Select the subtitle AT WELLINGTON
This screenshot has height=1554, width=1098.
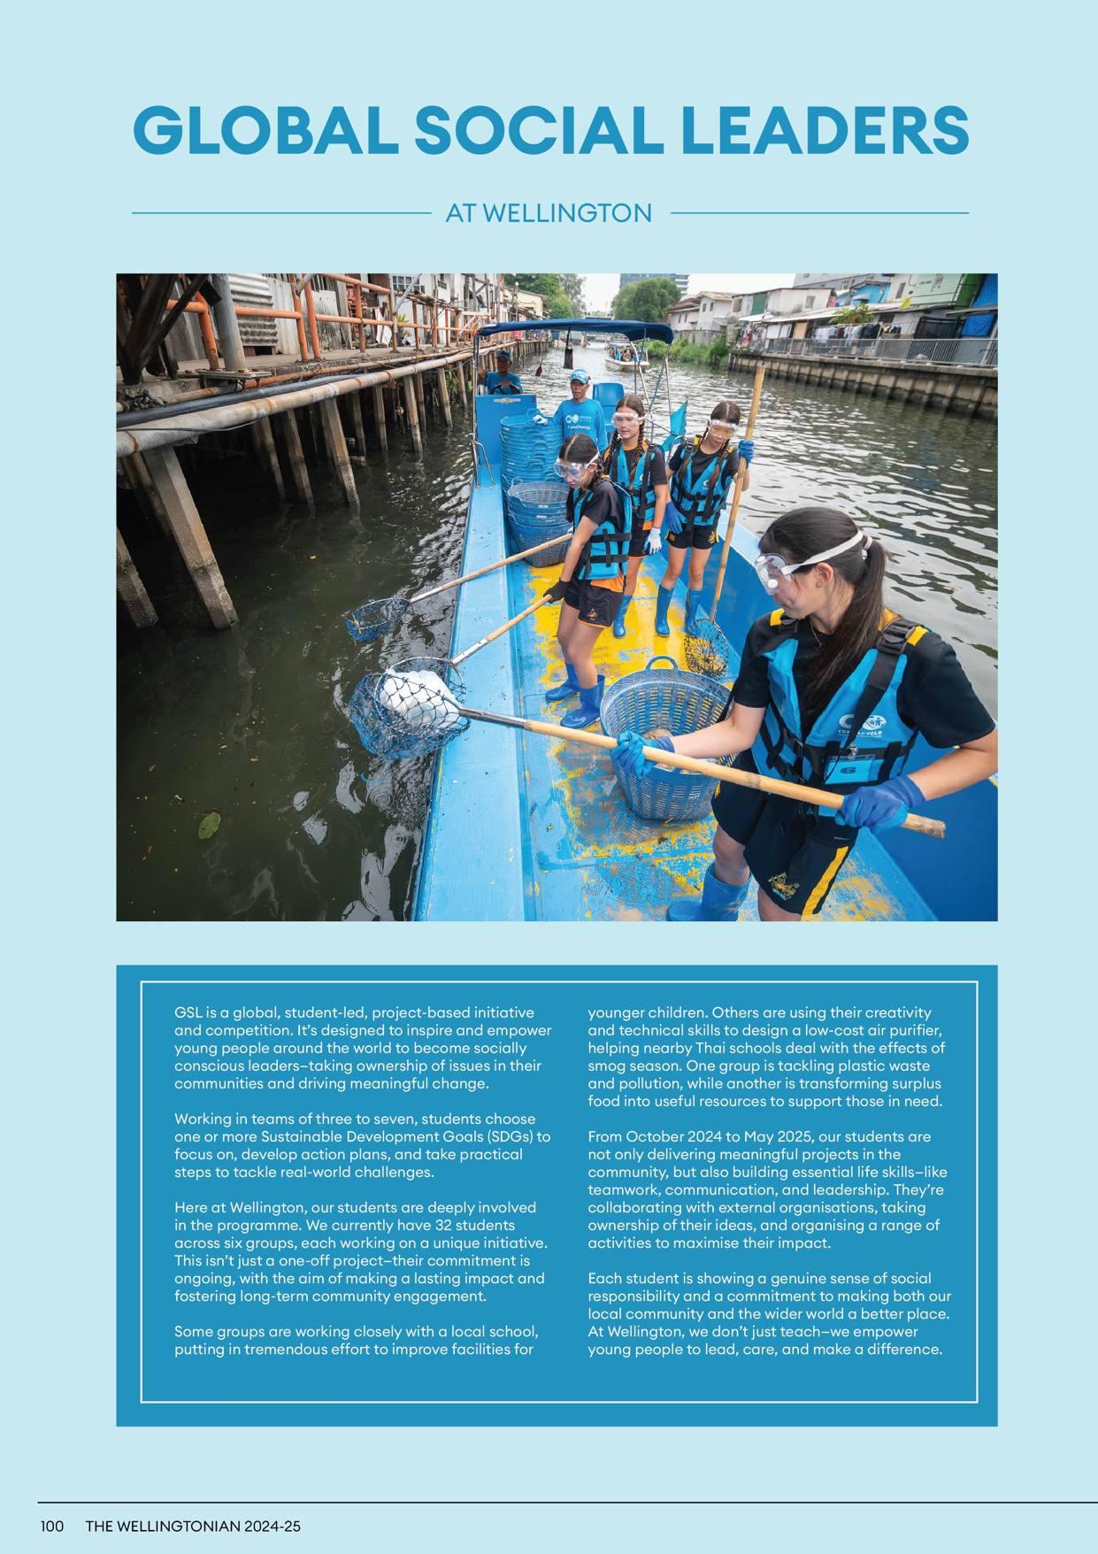(x=549, y=213)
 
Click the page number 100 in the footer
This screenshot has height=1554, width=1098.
(x=51, y=1526)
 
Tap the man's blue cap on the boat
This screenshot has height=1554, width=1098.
(x=580, y=376)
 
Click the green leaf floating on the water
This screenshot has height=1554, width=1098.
(x=209, y=826)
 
